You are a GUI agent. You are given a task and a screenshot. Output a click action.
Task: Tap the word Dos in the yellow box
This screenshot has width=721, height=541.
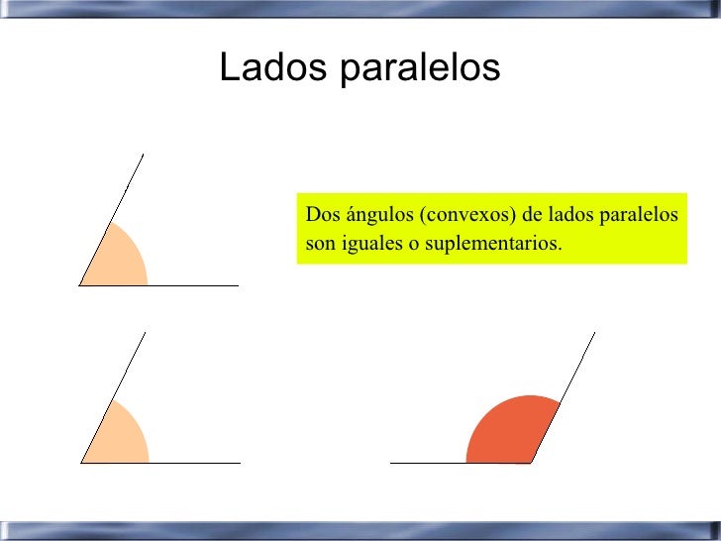tap(321, 215)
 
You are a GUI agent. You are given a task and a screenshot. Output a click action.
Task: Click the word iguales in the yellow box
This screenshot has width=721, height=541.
tap(372, 243)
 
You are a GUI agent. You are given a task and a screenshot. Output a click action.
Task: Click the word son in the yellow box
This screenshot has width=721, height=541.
tap(321, 244)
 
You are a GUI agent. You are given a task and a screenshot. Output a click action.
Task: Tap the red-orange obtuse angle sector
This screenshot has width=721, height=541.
tap(507, 431)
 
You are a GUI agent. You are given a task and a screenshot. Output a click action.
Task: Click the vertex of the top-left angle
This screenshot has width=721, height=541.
tap(80, 285)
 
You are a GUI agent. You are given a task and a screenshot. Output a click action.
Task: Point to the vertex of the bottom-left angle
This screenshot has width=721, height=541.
tap(81, 463)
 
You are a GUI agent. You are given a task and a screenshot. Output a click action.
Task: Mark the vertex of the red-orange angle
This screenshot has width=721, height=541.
tap(531, 463)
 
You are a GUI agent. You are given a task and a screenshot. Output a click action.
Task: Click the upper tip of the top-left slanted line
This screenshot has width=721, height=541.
tap(144, 155)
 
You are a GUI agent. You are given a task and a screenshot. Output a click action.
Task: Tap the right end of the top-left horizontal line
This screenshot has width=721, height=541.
tap(238, 285)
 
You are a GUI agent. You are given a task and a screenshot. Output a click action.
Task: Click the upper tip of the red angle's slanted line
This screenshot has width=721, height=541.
tap(594, 333)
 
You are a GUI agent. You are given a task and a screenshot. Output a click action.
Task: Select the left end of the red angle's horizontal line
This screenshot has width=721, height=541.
tap(391, 463)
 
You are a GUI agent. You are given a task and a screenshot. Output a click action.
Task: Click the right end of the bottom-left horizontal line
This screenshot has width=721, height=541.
tap(240, 463)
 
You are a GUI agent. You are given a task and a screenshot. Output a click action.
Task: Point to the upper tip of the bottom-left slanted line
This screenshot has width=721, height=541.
tap(145, 333)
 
